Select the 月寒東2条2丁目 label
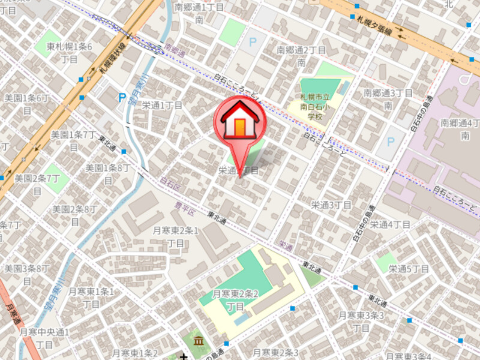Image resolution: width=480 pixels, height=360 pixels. point(236,299)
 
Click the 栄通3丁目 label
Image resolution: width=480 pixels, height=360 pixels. point(330,205)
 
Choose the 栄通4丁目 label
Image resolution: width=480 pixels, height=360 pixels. point(389,224)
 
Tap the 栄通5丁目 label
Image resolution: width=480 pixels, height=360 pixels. point(408,268)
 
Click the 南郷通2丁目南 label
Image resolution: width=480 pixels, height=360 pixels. point(301,56)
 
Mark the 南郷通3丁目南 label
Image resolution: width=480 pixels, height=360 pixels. point(388,99)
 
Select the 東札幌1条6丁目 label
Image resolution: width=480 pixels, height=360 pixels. point(70,53)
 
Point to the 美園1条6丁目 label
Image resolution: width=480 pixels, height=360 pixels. point(26,98)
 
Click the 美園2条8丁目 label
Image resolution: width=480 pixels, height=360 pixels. point(74,215)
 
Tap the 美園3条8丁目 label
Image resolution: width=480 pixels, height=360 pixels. point(26,268)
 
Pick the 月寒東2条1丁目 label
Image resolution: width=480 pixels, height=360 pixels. point(175,236)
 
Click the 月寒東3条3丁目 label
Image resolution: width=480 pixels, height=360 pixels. point(361,321)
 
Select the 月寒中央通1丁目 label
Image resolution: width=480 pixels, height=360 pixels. point(45,338)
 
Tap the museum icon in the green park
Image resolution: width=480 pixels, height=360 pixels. point(199,341)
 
